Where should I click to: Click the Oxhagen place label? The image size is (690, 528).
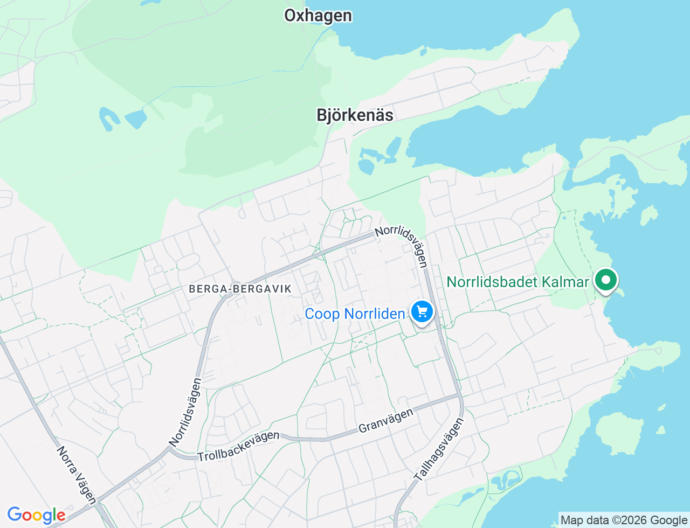pos(318,16)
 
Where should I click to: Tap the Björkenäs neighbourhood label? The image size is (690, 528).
pos(355,115)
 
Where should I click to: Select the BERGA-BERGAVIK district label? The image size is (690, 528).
pos(240,289)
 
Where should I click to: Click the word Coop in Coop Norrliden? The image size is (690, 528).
pos(322,314)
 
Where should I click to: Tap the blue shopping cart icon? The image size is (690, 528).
pos(422,312)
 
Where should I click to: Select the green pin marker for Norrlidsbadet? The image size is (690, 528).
pos(606,280)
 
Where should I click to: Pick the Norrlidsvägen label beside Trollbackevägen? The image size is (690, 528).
pos(185,412)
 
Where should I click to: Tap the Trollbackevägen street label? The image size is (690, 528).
pos(239,447)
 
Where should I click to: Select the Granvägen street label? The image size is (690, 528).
pos(386,420)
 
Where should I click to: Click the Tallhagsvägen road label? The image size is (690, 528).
pos(439,450)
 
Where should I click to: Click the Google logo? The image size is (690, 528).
pos(36,516)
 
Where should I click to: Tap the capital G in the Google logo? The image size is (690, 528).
pos(15,515)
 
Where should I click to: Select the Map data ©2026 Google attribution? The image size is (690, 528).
pos(624,520)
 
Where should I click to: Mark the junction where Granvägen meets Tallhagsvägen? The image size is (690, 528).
pos(460,396)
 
